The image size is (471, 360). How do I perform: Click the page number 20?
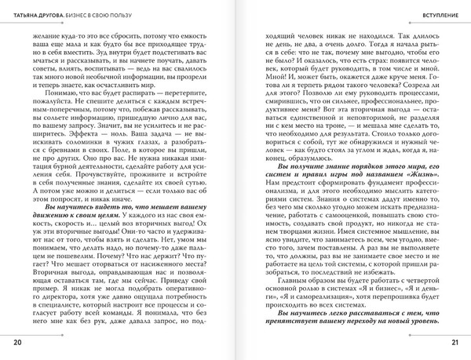click(x=17, y=343)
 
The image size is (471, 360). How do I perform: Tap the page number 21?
click(x=454, y=343)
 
